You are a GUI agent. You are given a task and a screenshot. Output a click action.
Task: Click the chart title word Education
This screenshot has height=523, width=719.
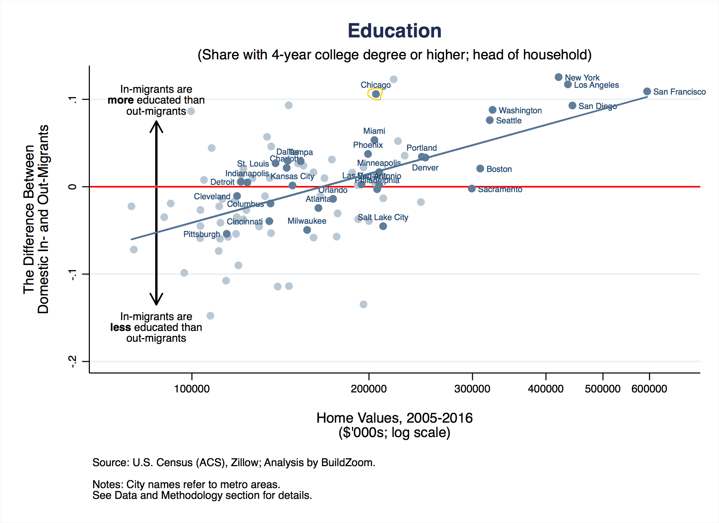pyautogui.click(x=394, y=31)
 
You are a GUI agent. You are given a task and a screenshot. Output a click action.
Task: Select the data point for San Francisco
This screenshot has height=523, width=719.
pyautogui.click(x=647, y=91)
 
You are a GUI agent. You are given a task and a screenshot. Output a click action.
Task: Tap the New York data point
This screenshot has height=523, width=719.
pyautogui.click(x=558, y=77)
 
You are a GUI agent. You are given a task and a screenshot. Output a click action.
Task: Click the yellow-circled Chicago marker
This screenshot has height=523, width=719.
pyautogui.click(x=376, y=94)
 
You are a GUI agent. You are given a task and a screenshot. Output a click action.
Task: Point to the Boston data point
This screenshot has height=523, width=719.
pyautogui.click(x=480, y=169)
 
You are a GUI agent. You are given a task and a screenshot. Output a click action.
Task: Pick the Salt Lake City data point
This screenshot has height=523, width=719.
pyautogui.click(x=383, y=226)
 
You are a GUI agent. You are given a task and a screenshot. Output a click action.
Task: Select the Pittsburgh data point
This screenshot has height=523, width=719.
pyautogui.click(x=226, y=234)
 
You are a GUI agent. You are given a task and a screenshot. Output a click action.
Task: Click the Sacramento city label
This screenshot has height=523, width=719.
pyautogui.click(x=500, y=190)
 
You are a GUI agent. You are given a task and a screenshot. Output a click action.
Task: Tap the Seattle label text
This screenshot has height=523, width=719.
pyautogui.click(x=508, y=121)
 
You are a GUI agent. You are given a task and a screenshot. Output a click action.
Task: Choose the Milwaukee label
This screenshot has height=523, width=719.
pyautogui.click(x=307, y=221)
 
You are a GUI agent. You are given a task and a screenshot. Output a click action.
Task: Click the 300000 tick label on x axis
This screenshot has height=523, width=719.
pyautogui.click(x=472, y=389)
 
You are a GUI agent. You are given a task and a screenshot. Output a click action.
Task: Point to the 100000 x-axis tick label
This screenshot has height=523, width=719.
pyautogui.click(x=192, y=389)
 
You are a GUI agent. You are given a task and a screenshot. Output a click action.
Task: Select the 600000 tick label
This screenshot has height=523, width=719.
pyautogui.click(x=649, y=389)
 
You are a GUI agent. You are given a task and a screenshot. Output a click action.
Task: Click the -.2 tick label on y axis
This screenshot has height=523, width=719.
pyautogui.click(x=73, y=361)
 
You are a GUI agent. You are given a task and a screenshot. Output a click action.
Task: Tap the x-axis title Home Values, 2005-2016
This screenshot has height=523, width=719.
pyautogui.click(x=394, y=418)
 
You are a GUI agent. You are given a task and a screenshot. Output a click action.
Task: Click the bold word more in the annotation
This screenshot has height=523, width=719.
pyautogui.click(x=120, y=100)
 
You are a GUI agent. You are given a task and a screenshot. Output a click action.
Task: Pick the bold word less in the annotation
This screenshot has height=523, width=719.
pyautogui.click(x=120, y=327)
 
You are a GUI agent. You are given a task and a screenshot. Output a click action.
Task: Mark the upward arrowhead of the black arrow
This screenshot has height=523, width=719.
pyautogui.click(x=156, y=124)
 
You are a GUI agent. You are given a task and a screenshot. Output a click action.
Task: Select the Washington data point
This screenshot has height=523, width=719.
pyautogui.click(x=493, y=110)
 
